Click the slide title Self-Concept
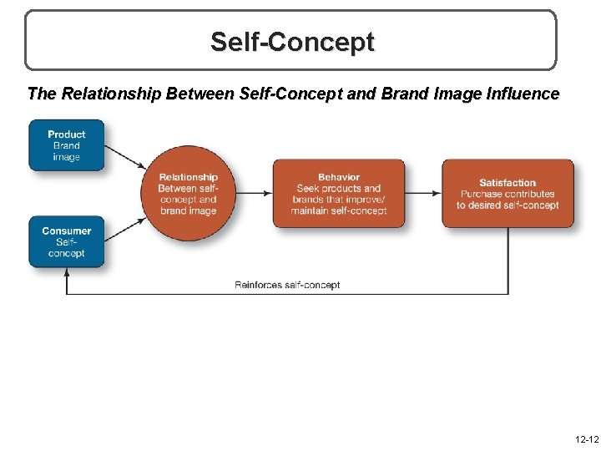click(x=292, y=41)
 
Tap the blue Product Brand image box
click(x=67, y=145)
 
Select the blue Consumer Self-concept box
click(x=67, y=242)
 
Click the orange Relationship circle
click(x=188, y=193)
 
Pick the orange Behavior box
click(x=339, y=194)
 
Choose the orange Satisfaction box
click(x=508, y=194)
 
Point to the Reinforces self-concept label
click(x=287, y=285)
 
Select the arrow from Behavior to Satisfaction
click(x=423, y=193)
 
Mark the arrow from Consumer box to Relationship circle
click(x=124, y=227)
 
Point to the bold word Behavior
click(x=339, y=177)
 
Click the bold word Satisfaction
click(x=508, y=183)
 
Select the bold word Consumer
click(x=67, y=231)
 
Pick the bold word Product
click(x=67, y=134)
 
